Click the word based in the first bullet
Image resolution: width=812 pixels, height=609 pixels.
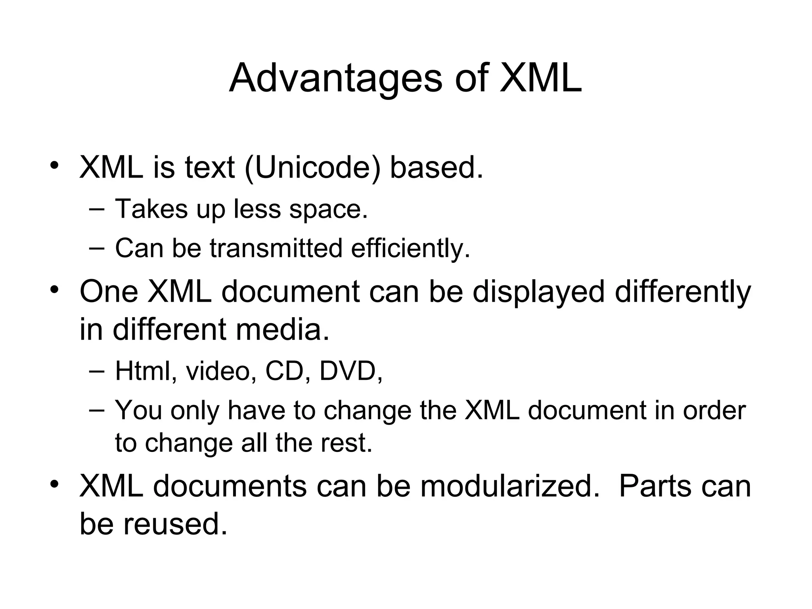point(437,167)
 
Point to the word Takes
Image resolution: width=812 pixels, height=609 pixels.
point(151,209)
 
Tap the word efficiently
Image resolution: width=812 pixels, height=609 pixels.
point(410,249)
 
